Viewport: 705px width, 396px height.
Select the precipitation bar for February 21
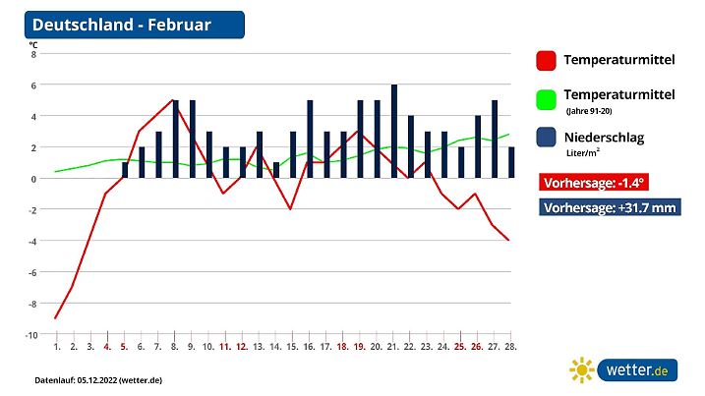coord(394,132)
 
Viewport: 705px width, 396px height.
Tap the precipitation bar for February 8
coord(175,139)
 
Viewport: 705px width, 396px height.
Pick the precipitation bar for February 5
coord(125,170)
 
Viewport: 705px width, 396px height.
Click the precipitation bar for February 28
coord(511,162)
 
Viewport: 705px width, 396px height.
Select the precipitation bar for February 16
coord(310,139)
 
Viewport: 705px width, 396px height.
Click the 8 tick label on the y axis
coord(33,54)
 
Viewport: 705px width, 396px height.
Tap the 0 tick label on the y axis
coord(33,179)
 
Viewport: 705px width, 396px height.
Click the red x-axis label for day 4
coord(107,347)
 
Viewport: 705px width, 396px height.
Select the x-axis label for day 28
coord(510,347)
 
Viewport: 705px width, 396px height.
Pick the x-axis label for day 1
coord(57,347)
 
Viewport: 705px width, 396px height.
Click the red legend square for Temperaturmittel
coord(547,61)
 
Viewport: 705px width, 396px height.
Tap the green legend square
coord(547,100)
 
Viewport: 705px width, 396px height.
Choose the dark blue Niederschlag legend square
coord(547,140)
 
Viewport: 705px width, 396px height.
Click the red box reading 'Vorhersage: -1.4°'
coord(594,182)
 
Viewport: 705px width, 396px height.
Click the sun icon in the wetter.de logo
coord(582,370)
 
